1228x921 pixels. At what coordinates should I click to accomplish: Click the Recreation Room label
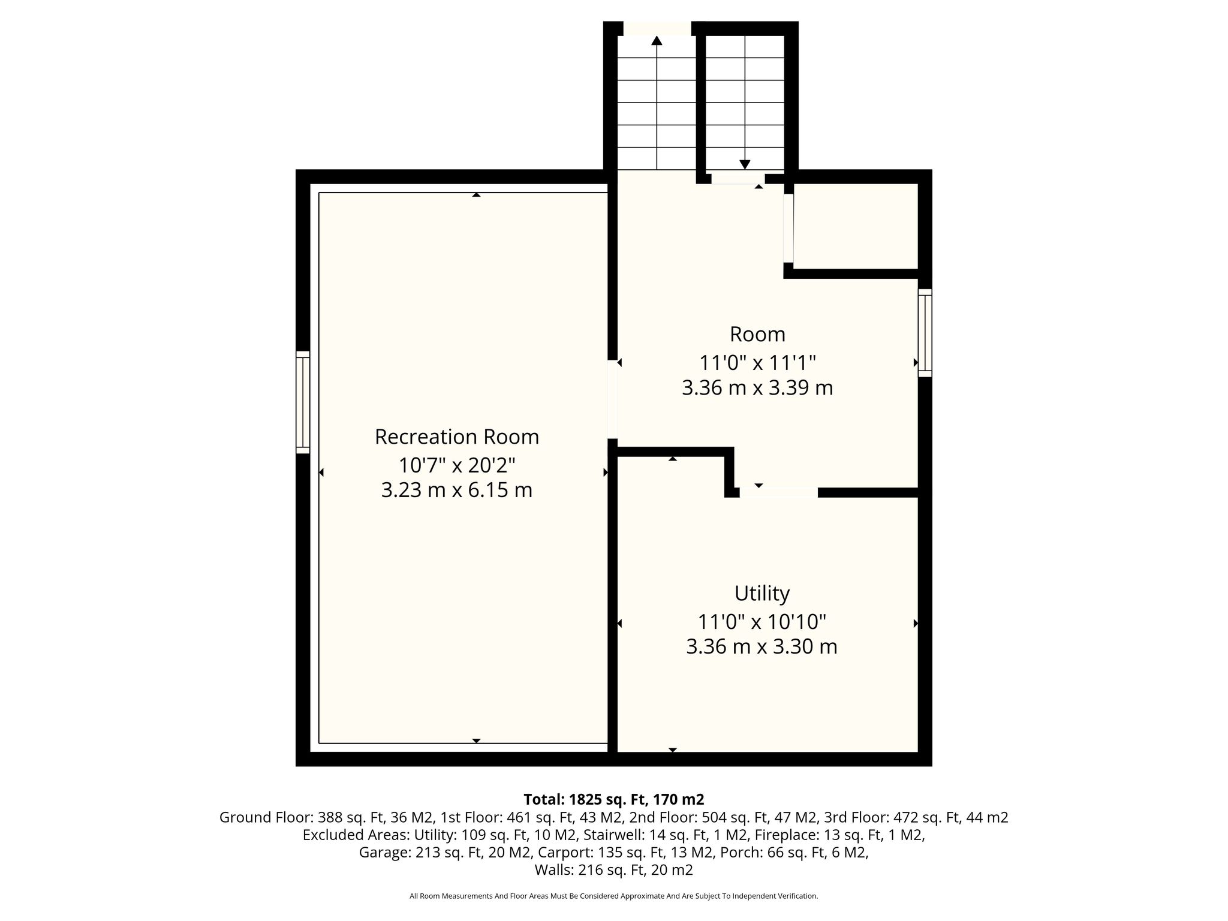pyautogui.click(x=457, y=437)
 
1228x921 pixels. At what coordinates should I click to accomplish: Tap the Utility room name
pyautogui.click(x=762, y=594)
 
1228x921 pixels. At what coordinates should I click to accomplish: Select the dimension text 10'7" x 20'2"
pyautogui.click(x=457, y=465)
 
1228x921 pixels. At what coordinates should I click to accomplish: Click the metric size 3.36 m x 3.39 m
pyautogui.click(x=757, y=388)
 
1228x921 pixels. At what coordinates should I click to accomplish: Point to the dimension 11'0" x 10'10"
pyautogui.click(x=762, y=622)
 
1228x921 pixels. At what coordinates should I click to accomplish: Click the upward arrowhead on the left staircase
pyautogui.click(x=657, y=40)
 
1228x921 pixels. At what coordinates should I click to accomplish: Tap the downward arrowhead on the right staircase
pyautogui.click(x=745, y=164)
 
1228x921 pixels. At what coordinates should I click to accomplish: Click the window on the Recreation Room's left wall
pyautogui.click(x=303, y=402)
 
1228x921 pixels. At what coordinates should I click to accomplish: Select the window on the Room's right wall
pyautogui.click(x=925, y=333)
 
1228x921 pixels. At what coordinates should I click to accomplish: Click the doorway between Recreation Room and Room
pyautogui.click(x=612, y=399)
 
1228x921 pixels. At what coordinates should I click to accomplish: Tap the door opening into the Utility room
pyautogui.click(x=778, y=492)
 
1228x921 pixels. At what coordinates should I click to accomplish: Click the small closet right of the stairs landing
pyautogui.click(x=856, y=226)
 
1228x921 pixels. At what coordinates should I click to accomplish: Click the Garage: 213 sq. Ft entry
pyautogui.click(x=421, y=852)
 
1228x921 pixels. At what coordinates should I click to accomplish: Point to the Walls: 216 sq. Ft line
pyautogui.click(x=613, y=870)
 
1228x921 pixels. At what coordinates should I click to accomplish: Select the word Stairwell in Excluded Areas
pyautogui.click(x=609, y=835)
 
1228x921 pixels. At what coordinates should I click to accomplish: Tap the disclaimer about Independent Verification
pyautogui.click(x=613, y=896)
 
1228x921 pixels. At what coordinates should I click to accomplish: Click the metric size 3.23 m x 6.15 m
pyautogui.click(x=457, y=490)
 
